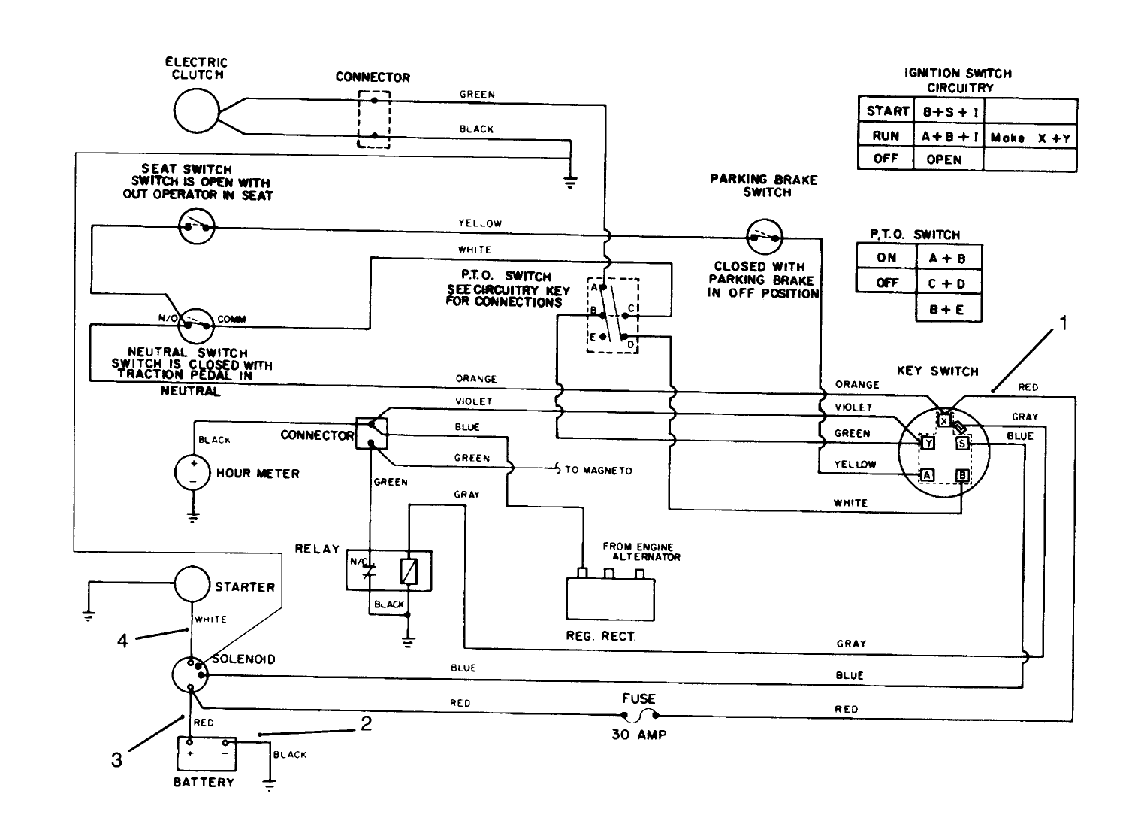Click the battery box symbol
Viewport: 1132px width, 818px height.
click(x=207, y=753)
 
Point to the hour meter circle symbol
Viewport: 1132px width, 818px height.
click(x=193, y=473)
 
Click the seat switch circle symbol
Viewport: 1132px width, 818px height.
click(x=197, y=225)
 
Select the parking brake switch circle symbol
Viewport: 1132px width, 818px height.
click(x=765, y=238)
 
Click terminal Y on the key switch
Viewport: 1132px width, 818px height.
click(x=928, y=444)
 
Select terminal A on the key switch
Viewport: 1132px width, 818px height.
click(x=928, y=475)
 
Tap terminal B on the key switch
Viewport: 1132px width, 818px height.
click(x=961, y=475)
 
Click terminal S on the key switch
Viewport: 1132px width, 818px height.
click(x=962, y=444)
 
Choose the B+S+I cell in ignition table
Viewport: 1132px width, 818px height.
click(x=948, y=112)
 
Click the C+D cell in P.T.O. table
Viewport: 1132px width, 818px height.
click(x=948, y=284)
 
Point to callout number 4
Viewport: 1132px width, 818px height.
click(x=122, y=641)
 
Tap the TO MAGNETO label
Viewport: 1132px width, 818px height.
click(x=598, y=471)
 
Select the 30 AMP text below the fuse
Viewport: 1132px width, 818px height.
click(x=639, y=735)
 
